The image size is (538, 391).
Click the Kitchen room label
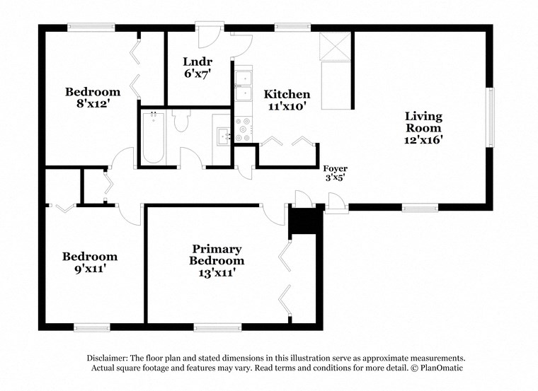tap(287, 94)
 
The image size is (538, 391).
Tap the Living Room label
tap(423, 122)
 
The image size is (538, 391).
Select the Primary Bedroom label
tap(217, 255)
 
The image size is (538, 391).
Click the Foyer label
tap(335, 168)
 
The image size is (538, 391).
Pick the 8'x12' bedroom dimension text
tap(93, 104)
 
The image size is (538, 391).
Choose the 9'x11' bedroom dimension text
tap(89, 269)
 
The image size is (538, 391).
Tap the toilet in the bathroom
tap(179, 121)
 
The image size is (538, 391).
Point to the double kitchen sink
tap(244, 85)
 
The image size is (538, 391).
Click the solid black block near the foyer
tap(305, 221)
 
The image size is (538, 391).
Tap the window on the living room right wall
tap(489, 118)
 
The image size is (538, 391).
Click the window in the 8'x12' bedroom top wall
tap(90, 28)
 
